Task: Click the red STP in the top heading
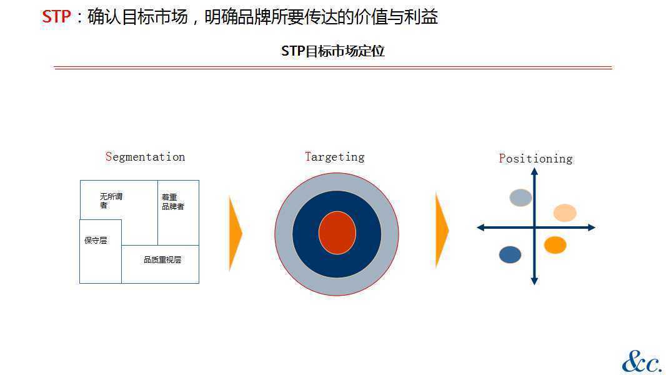[56, 17]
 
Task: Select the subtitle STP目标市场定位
[332, 51]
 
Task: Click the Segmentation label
[146, 157]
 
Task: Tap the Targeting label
[335, 157]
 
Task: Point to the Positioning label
[535, 158]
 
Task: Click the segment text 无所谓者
[111, 201]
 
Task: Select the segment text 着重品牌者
[173, 202]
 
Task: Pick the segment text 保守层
[96, 241]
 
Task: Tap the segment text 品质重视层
[162, 259]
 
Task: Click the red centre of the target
[337, 232]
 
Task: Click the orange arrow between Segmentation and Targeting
[236, 232]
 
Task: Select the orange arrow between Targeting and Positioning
[442, 230]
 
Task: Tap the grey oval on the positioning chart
[520, 197]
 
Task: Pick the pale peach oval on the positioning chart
[565, 212]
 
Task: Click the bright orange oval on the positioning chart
[555, 245]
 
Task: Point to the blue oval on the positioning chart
[510, 254]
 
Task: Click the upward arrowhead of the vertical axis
[534, 171]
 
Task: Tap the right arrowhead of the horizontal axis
[592, 227]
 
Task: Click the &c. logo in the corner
[642, 362]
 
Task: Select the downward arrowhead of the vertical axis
[534, 281]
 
